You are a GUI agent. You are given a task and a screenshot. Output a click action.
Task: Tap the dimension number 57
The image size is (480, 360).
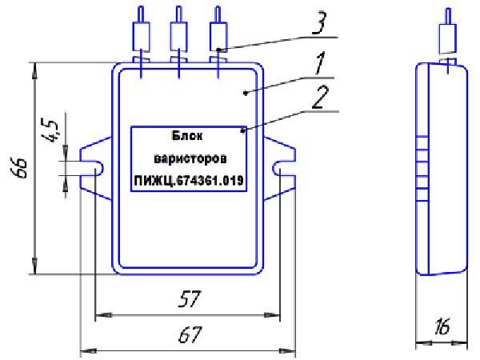point(190,298)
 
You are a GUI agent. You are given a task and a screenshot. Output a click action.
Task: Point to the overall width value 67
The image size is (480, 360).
point(190,334)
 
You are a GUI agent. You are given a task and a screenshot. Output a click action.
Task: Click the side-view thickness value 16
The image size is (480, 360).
point(442,326)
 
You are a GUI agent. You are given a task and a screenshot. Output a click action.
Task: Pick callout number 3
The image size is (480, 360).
point(319,23)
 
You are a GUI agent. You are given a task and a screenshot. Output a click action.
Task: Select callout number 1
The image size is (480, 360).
point(319,64)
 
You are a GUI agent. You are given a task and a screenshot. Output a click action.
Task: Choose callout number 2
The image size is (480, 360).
point(320,97)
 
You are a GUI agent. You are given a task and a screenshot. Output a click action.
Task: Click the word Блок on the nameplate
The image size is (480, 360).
point(187,135)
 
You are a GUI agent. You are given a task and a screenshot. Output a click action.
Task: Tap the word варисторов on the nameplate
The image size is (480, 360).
point(190,159)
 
